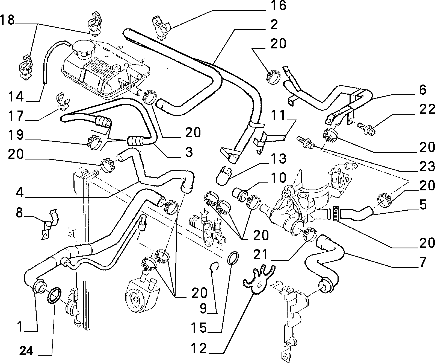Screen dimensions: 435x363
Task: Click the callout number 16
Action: (279, 6)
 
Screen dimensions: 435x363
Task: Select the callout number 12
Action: (199, 349)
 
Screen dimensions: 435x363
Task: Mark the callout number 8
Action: (19, 213)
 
